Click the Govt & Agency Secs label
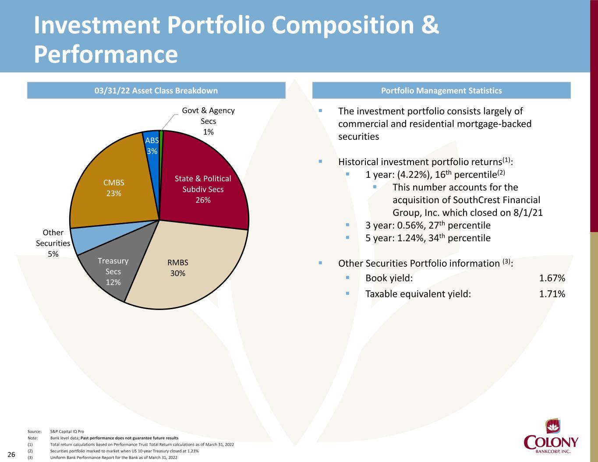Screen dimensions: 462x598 pos(209,121)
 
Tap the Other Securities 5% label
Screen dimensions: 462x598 pos(53,243)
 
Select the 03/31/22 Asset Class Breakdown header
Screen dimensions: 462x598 pos(156,91)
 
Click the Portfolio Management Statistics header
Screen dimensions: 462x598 pos(441,91)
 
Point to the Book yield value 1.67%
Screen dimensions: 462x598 pos(552,279)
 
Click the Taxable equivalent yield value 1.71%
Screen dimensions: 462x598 pos(552,294)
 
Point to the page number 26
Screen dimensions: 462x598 pos(11,455)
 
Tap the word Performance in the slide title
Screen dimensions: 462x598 pos(106,54)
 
